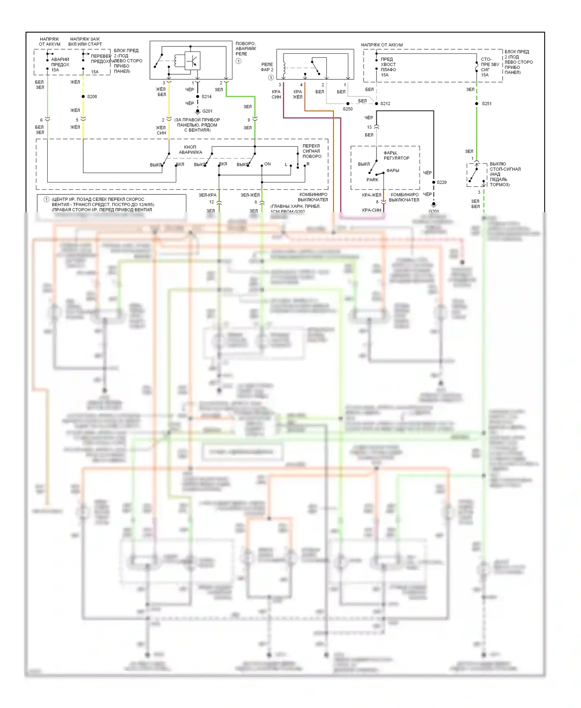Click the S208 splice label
[92, 97]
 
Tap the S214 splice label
[206, 97]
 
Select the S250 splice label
[348, 109]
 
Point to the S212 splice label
[385, 104]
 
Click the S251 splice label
[487, 104]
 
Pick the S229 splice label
[442, 182]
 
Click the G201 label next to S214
[207, 111]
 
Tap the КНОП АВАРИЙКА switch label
[190, 150]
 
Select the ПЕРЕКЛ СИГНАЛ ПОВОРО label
[312, 151]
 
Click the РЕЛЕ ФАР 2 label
[267, 67]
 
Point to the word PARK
[372, 180]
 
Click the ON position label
[268, 164]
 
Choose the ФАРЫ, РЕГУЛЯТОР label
[396, 155]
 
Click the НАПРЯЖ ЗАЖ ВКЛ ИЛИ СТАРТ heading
[85, 41]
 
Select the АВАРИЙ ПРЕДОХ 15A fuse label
[60, 65]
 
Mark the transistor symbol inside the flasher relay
[193, 60]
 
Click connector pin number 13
[369, 127]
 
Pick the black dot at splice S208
[83, 96]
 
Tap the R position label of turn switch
[308, 164]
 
